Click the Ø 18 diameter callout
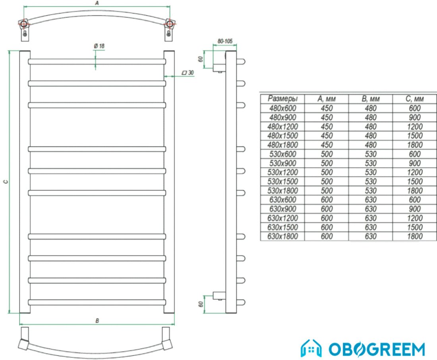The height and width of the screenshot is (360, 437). [x=99, y=46]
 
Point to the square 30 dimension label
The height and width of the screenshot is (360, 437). [x=188, y=73]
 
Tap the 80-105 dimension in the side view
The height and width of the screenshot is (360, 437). [x=225, y=41]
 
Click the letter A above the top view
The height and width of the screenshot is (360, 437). [x=97, y=3]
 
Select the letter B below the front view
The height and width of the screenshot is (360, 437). [x=97, y=321]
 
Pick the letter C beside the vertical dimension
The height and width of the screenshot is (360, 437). [x=6, y=182]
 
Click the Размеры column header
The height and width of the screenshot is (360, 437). [x=282, y=99]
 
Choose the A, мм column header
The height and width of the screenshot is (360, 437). [x=326, y=99]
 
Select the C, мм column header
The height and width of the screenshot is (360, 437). [x=415, y=99]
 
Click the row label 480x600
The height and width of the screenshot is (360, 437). [x=282, y=108]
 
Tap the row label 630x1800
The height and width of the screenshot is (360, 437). [x=282, y=236]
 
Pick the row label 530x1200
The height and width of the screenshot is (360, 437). [x=282, y=172]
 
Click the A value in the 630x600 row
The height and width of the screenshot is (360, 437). [x=327, y=199]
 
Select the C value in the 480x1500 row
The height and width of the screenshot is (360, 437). [x=415, y=135]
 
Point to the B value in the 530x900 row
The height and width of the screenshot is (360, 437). [x=371, y=163]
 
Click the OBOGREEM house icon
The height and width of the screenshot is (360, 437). [x=311, y=348]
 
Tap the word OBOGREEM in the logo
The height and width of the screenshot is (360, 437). [x=377, y=349]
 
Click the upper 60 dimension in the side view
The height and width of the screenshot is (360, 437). [x=200, y=59]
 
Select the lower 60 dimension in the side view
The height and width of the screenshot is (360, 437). [x=201, y=304]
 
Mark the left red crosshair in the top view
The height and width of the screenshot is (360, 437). [x=24, y=24]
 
